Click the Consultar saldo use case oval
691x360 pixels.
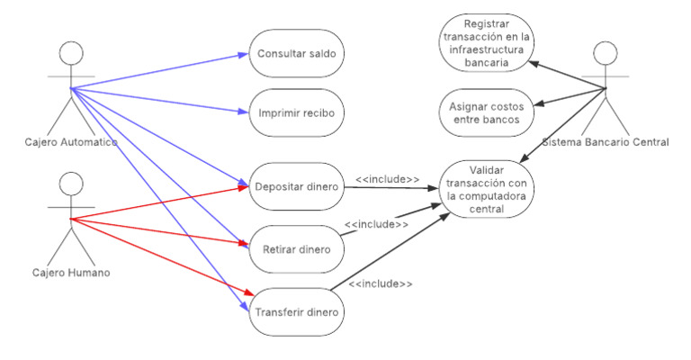coord(296,54)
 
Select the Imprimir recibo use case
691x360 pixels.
coord(296,112)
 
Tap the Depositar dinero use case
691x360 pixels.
coord(296,187)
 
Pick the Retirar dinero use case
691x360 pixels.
coord(296,248)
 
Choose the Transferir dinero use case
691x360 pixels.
coord(296,312)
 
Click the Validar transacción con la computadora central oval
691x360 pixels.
coord(486,189)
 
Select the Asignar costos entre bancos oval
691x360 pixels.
coord(486,113)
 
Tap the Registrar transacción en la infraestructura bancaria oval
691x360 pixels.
coord(486,43)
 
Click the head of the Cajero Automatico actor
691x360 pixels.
coord(71,53)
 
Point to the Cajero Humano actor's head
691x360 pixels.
coord(71,184)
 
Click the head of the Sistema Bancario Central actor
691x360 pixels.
coord(606,53)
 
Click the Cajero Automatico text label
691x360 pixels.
coord(71,142)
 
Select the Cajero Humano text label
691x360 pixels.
coord(71,273)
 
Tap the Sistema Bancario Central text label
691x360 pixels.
coord(606,141)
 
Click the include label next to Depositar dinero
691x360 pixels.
coord(388,180)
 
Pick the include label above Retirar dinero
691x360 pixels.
coord(376,223)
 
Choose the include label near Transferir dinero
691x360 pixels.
coord(381,284)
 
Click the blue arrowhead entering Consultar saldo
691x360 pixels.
coord(242,55)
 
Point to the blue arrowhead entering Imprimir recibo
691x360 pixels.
coord(242,112)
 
